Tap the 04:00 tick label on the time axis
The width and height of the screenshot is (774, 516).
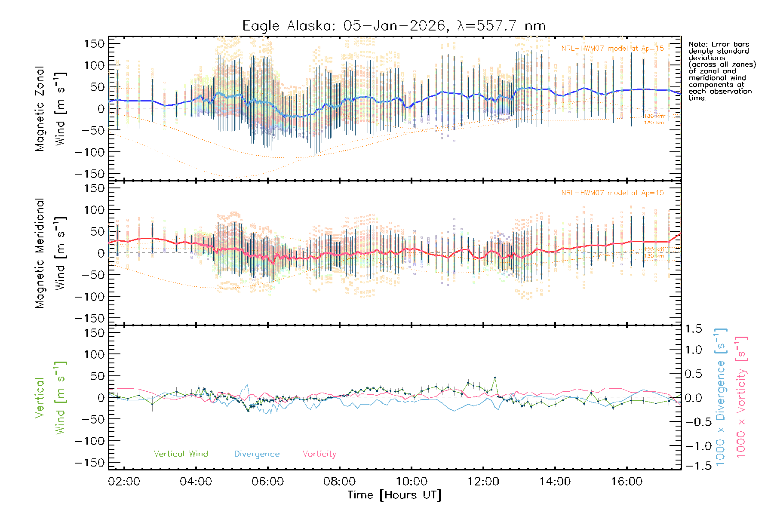pyautogui.click(x=196, y=482)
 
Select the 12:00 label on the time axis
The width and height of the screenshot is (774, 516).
pyautogui.click(x=483, y=482)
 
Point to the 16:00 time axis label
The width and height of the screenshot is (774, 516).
pyautogui.click(x=627, y=482)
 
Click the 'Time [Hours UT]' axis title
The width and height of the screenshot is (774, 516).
pyautogui.click(x=394, y=495)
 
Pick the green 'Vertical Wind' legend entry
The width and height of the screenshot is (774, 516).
pyautogui.click(x=181, y=454)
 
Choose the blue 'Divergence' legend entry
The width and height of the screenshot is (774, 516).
pyautogui.click(x=257, y=454)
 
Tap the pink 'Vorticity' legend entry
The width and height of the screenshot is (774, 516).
pyautogui.click(x=319, y=454)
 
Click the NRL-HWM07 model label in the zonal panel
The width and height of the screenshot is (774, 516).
pyautogui.click(x=612, y=49)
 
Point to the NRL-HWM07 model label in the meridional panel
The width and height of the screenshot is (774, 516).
pyautogui.click(x=612, y=193)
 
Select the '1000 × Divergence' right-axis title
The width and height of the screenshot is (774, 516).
pyautogui.click(x=720, y=397)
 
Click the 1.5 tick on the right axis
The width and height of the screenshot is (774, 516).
pyautogui.click(x=694, y=329)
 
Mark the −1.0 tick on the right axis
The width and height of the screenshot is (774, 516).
pyautogui.click(x=694, y=446)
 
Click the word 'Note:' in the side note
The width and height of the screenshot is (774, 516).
pyautogui.click(x=697, y=44)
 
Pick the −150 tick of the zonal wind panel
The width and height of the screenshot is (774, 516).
pyautogui.click(x=89, y=174)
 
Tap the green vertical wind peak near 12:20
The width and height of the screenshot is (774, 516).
pyautogui.click(x=495, y=378)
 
